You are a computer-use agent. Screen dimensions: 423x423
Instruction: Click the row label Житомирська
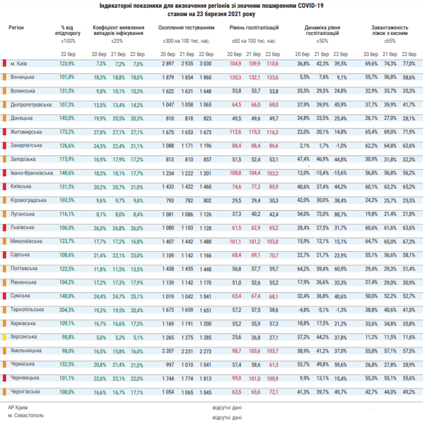click(26, 132)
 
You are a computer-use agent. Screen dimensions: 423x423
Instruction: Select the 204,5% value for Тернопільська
click(67, 310)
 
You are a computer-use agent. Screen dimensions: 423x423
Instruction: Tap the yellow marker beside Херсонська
click(4, 337)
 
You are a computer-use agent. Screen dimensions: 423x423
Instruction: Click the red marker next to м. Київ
click(4, 63)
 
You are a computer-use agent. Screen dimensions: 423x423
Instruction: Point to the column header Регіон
click(16, 28)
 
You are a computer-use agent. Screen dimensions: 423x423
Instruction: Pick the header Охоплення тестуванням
click(186, 28)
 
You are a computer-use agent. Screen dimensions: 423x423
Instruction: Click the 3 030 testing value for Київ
click(206, 64)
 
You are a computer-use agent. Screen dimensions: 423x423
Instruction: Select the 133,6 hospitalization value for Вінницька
click(272, 78)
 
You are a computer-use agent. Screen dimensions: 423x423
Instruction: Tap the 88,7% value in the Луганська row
click(340, 215)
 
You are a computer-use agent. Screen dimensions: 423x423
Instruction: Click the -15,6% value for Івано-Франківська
click(340, 173)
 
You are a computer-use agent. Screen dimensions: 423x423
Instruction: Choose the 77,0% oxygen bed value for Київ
click(409, 64)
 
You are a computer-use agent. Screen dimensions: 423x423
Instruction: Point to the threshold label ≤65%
click(390, 41)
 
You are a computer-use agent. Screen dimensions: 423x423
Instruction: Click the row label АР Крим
click(18, 407)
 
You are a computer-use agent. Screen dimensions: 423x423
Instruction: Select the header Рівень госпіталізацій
click(254, 28)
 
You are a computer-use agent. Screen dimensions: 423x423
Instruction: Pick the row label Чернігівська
click(25, 391)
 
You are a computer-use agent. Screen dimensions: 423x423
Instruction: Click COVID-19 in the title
click(310, 6)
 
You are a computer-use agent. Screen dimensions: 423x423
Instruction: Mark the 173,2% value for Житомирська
click(67, 132)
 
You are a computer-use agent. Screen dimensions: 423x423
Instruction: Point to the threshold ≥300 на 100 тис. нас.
click(186, 41)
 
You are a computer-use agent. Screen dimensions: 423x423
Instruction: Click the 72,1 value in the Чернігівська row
click(273, 392)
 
